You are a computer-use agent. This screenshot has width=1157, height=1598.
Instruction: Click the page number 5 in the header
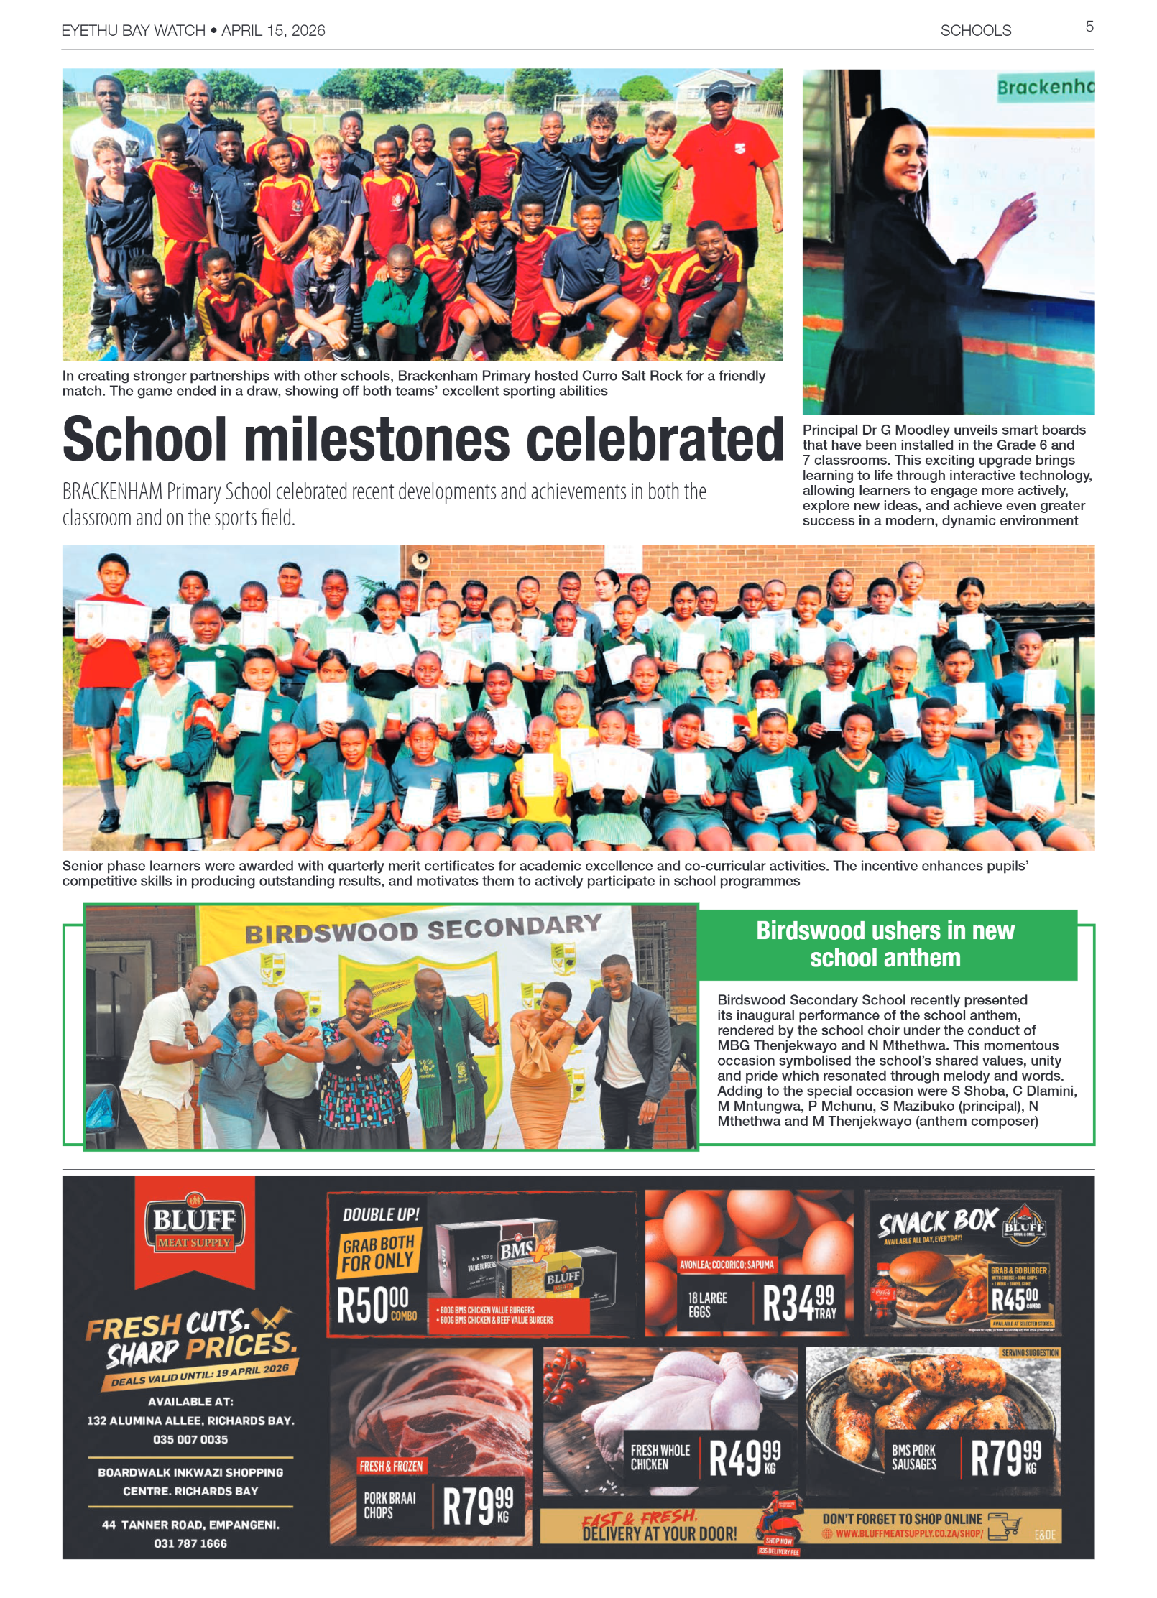coord(1089,27)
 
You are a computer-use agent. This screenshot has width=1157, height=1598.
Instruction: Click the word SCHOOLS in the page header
coord(975,31)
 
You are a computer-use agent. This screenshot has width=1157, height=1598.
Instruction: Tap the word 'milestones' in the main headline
coord(380,440)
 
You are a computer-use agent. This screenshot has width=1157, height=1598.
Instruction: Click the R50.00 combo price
coord(375,1305)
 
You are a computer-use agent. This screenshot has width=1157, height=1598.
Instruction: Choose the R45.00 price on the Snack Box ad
coord(1015,1299)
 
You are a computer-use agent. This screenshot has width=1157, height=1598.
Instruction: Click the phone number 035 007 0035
coord(190,1439)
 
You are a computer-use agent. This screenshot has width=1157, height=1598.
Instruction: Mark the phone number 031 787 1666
coord(190,1543)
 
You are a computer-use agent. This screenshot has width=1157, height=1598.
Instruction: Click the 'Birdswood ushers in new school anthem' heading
coord(885,944)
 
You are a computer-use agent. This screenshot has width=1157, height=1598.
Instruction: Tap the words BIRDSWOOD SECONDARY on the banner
coord(423,929)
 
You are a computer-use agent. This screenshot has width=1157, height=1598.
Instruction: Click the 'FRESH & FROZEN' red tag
coord(392,1466)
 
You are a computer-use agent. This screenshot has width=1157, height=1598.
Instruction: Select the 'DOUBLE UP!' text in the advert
coord(381,1214)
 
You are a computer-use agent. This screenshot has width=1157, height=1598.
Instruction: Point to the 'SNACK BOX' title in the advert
coord(938,1221)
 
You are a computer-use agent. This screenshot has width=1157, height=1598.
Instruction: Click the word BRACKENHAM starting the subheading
coord(112,492)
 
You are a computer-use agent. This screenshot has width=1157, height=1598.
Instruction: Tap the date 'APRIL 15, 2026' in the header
coord(273,31)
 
